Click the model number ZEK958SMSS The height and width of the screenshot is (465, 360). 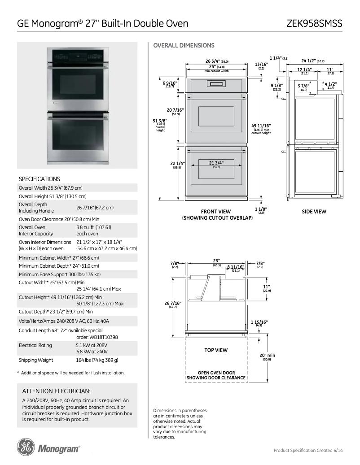click(x=314, y=23)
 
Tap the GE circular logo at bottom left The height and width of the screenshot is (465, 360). click(x=26, y=448)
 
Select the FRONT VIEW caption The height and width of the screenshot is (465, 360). click(x=216, y=212)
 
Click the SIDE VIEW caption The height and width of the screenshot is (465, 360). click(x=314, y=212)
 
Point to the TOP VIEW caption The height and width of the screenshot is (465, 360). click(x=216, y=350)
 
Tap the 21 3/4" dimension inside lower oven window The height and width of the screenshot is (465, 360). click(x=216, y=163)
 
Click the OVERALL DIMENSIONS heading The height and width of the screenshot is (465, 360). click(x=184, y=45)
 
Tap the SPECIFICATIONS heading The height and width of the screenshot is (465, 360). click(x=40, y=179)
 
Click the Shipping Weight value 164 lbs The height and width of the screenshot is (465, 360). click(x=97, y=360)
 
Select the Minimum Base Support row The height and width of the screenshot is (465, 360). click(x=60, y=274)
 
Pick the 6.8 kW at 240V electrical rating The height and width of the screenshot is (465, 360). click(x=92, y=352)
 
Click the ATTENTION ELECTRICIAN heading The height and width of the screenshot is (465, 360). click(x=57, y=391)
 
